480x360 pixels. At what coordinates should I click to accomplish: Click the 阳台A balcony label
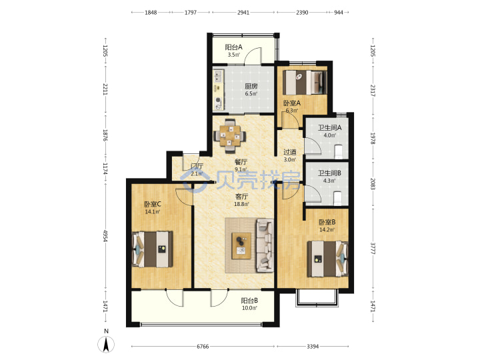coord(233,47)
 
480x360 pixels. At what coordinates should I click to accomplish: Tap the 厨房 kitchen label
coord(251,86)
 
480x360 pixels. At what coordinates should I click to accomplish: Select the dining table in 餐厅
coord(229,135)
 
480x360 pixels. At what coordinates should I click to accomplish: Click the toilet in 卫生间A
coord(339,151)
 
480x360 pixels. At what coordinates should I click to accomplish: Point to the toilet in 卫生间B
coord(337,198)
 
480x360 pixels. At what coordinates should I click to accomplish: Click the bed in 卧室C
coord(152,249)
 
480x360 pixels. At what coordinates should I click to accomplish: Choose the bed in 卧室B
coord(327,259)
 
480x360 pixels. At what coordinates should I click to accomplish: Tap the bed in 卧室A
coord(304,83)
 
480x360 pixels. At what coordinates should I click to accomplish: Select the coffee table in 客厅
coord(241,246)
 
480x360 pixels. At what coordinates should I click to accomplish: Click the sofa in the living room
coord(265,245)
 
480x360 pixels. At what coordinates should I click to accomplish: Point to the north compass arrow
coord(106,345)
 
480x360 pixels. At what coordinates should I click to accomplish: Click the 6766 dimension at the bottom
coord(203,346)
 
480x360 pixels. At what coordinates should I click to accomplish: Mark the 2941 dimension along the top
coord(243,13)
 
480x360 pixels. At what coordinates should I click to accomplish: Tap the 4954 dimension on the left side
coord(105,236)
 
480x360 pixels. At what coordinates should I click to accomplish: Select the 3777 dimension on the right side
coord(373,248)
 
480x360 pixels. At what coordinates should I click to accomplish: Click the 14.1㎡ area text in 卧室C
coord(153,211)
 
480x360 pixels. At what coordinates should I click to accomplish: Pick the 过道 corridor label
coord(289,152)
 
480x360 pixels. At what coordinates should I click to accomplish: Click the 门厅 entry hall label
coord(197,166)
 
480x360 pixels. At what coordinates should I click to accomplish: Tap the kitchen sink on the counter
coord(219,75)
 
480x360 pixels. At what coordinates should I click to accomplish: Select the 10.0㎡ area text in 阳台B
coord(249,308)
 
